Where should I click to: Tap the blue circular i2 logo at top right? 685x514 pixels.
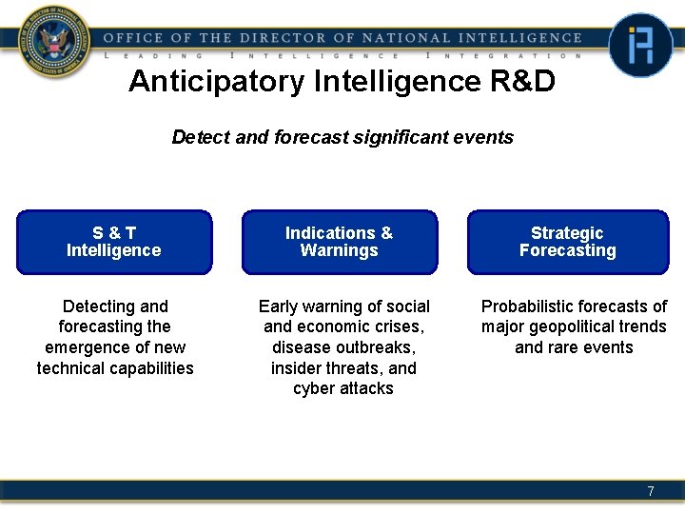tap(640, 45)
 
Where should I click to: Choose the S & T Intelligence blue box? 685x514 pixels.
tap(114, 242)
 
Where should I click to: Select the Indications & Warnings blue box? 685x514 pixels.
tap(340, 242)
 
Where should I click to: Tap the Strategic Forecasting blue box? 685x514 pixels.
tap(567, 242)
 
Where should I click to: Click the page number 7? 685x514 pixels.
tap(651, 491)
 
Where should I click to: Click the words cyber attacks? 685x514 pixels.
tap(343, 388)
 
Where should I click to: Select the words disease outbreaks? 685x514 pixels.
tap(343, 347)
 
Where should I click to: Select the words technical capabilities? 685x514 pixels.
tap(115, 368)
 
